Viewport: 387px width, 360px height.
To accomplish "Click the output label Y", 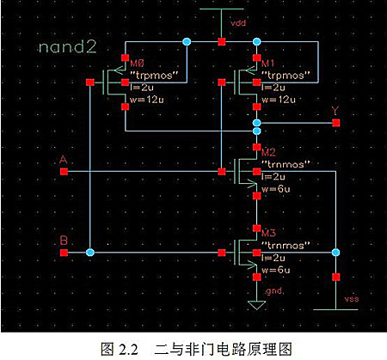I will [x=335, y=111].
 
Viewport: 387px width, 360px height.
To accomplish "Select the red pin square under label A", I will [x=64, y=171].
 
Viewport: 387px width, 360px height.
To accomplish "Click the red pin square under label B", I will [x=64, y=253].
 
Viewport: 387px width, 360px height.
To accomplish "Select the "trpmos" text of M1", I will [x=279, y=75].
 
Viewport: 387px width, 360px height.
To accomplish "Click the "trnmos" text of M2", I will [x=279, y=162].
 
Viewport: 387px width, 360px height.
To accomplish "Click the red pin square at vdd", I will [x=221, y=41].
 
